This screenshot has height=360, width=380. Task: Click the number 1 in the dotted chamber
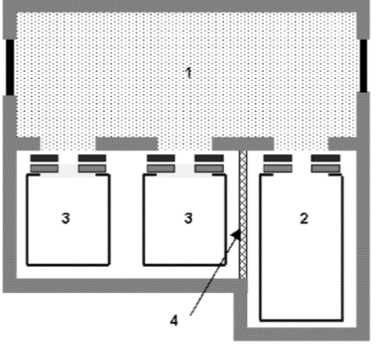click(189, 73)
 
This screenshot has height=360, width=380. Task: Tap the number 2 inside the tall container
click(304, 218)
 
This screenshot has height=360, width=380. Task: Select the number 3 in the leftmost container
click(66, 218)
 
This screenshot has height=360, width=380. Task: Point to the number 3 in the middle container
click(188, 218)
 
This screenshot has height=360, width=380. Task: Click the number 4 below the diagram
click(174, 320)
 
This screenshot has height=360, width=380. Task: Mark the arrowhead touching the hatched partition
click(237, 234)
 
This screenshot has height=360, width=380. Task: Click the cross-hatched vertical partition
click(243, 214)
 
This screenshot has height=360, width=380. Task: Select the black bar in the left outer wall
click(10, 67)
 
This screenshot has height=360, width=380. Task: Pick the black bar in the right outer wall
click(364, 66)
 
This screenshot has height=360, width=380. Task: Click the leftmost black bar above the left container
click(44, 158)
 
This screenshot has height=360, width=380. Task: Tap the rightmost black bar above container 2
click(326, 158)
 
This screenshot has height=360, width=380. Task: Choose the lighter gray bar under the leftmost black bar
click(44, 168)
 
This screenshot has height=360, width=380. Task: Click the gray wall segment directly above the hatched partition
click(243, 143)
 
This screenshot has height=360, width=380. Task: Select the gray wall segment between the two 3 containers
click(127, 143)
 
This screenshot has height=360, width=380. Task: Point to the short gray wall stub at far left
click(28, 143)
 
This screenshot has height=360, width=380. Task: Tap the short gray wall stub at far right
click(342, 143)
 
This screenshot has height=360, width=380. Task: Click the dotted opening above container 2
click(301, 143)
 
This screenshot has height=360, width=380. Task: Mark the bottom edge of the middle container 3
click(184, 265)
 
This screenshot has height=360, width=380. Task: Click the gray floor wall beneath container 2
click(302, 334)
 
